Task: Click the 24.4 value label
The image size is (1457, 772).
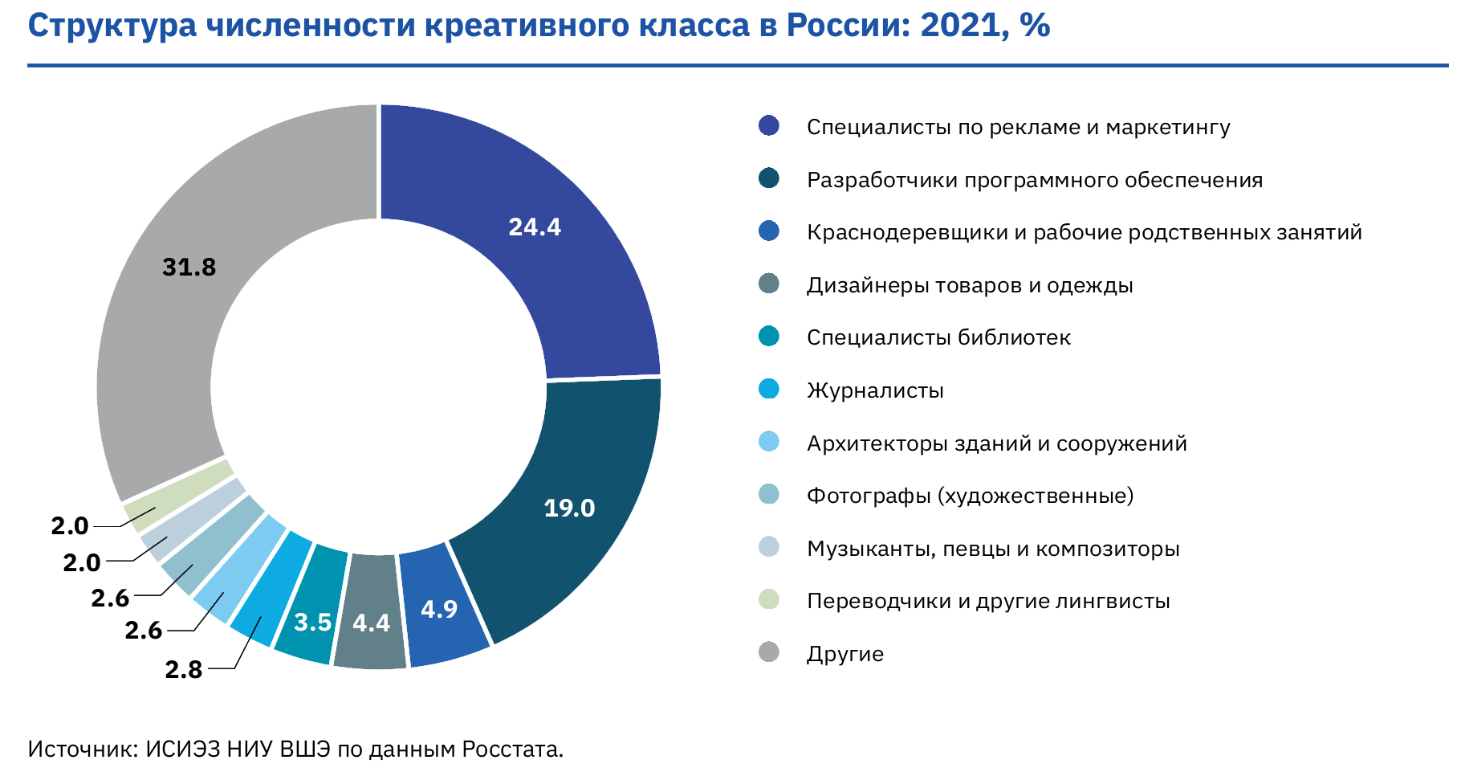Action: (535, 227)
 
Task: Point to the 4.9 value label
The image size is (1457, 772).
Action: (439, 610)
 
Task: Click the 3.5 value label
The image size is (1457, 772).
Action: (312, 622)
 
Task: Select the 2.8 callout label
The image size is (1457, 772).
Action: (184, 669)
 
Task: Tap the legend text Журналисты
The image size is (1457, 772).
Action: (875, 390)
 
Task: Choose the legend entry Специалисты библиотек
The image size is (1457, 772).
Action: (938, 337)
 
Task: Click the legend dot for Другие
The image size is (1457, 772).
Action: (769, 652)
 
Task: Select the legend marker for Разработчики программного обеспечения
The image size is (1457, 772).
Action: (769, 178)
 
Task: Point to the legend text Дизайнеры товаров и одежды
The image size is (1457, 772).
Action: (970, 285)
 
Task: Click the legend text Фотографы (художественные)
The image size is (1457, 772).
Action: (970, 496)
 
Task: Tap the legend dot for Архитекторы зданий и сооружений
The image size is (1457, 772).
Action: (769, 442)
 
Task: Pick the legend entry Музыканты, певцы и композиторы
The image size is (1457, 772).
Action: (993, 549)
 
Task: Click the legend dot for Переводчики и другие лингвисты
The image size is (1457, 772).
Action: (769, 599)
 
